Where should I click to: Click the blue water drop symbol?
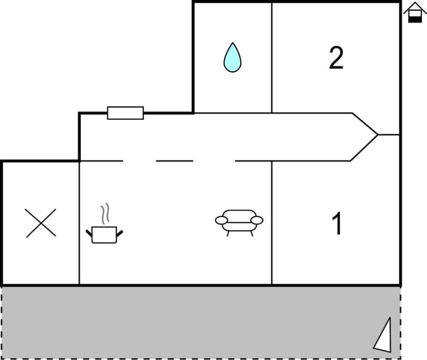coord(232,58)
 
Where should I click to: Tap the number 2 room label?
coord(337,58)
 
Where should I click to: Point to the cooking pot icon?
coord(105,234)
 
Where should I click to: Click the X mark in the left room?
coord(41,223)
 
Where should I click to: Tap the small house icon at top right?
coord(415,12)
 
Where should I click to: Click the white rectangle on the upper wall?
coord(125,113)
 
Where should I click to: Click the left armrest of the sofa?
coord(221,220)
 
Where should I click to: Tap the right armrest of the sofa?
coord(257,220)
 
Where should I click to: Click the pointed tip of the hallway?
coord(378,135)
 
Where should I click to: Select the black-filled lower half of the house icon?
coord(415,19)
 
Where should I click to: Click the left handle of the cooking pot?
coord(89,233)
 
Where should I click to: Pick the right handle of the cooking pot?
coord(120,233)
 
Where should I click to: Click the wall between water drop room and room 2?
coord(272,58)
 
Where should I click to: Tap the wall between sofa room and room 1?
coord(272,223)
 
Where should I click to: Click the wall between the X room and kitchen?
coord(79,223)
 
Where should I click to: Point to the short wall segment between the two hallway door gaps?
coord(174,161)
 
